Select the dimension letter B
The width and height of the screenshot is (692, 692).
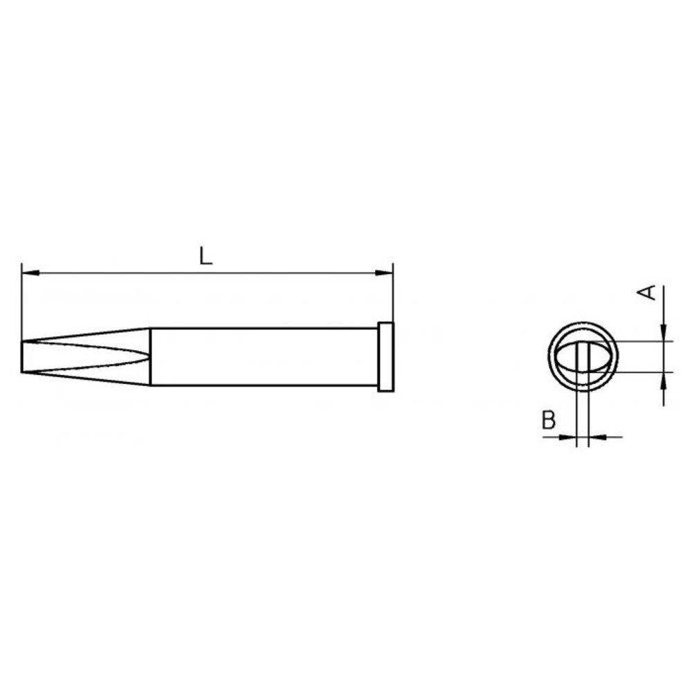click(548, 421)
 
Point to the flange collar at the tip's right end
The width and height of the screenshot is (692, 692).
click(385, 357)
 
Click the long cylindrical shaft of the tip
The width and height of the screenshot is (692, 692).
click(263, 357)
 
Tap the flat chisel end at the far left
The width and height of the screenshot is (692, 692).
click(24, 357)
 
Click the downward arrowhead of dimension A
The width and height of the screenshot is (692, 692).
click(663, 334)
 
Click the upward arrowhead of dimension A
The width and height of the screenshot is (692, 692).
click(663, 379)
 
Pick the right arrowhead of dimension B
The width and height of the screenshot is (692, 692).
click(595, 437)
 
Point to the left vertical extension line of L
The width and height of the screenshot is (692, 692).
click(22, 304)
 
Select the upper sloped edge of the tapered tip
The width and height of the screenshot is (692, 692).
click(86, 335)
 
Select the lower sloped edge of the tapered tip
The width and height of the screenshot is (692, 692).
click(86, 379)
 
